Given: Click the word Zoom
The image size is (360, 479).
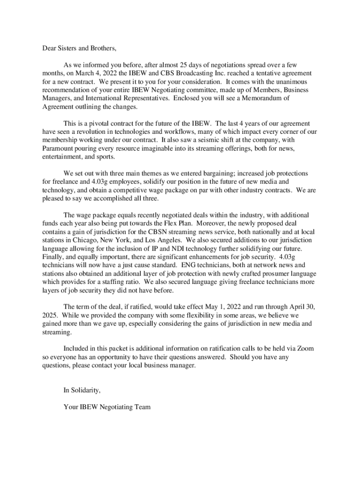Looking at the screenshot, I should point(304,348).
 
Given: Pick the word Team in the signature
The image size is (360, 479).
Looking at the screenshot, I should point(142,407).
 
